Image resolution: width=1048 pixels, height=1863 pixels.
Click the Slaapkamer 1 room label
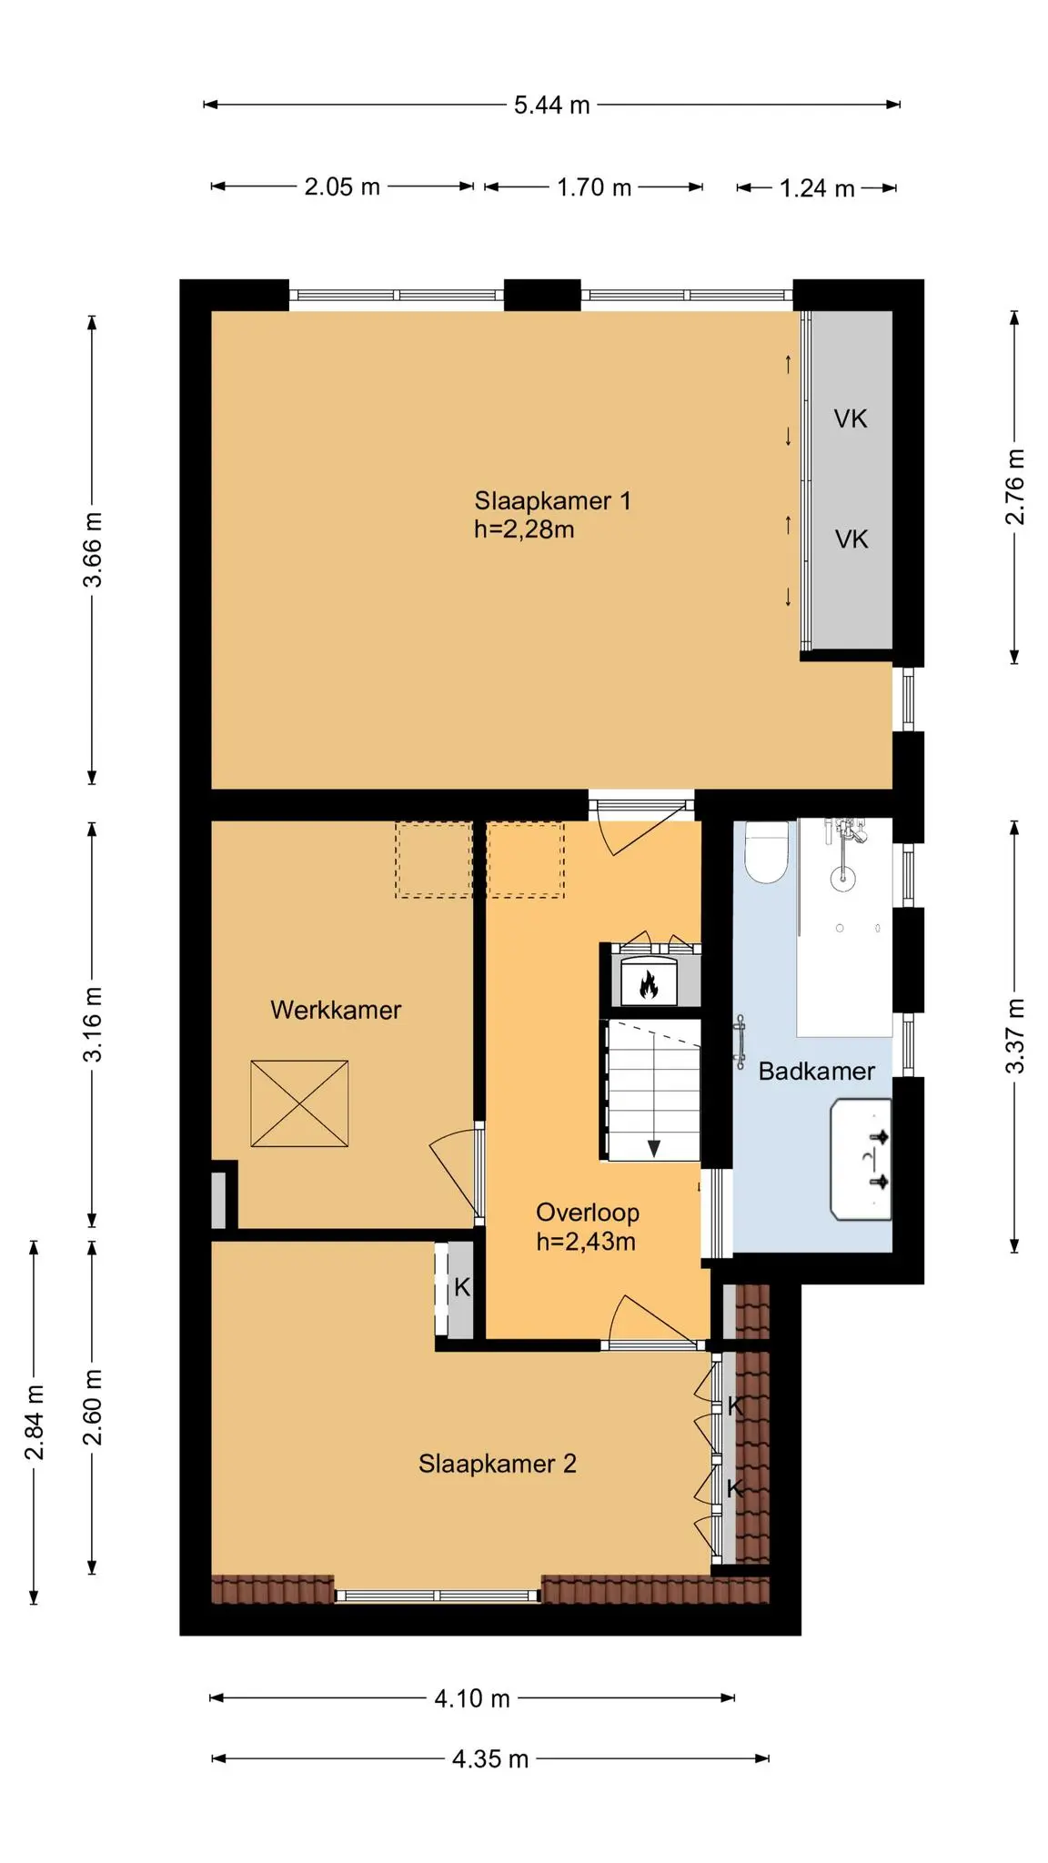[x=552, y=500]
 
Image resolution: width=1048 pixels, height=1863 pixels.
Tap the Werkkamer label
[x=336, y=1010]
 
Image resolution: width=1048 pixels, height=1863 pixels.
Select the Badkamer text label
[x=816, y=1071]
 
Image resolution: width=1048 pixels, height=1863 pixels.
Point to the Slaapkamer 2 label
[x=497, y=1464]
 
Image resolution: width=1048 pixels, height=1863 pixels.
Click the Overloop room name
[x=587, y=1213]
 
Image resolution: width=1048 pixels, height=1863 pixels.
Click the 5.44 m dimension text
[x=552, y=106]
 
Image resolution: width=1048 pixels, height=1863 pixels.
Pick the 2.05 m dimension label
[x=342, y=187]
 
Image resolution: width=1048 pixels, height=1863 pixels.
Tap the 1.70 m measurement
[x=594, y=187]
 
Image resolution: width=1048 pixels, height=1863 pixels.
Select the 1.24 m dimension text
[x=817, y=188]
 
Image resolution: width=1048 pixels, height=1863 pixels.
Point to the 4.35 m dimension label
[x=490, y=1759]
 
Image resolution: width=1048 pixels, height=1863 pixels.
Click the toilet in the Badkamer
[x=765, y=851]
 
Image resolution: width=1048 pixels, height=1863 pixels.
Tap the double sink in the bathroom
[x=861, y=1159]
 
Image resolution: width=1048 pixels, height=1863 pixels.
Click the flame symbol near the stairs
[x=649, y=984]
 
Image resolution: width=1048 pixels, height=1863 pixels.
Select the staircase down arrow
[x=653, y=1147]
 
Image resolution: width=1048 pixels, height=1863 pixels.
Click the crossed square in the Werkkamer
[x=299, y=1103]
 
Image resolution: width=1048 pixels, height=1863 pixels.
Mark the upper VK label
[x=851, y=419]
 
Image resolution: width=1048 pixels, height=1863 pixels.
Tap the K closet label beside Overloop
[x=462, y=1287]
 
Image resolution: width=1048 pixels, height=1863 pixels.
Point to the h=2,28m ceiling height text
[x=524, y=529]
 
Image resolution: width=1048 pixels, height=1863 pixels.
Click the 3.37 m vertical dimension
[x=1015, y=1036]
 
